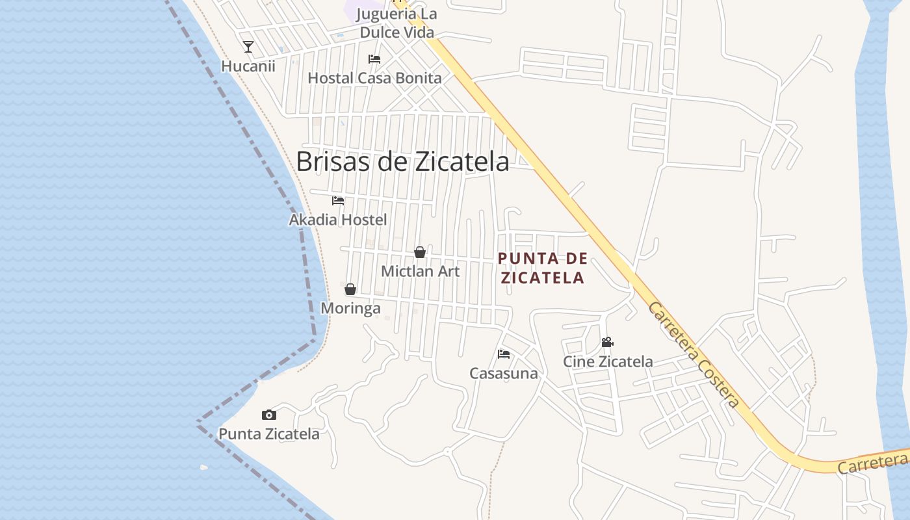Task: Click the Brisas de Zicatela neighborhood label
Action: [x=402, y=162]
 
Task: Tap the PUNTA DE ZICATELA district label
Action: [x=542, y=268]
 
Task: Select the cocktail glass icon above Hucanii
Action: [x=248, y=47]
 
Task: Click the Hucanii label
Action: [x=248, y=66]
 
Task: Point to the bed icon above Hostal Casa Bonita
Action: [x=374, y=58]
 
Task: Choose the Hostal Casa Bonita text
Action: [x=374, y=78]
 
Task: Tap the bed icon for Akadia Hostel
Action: [x=338, y=200]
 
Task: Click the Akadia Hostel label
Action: [x=338, y=220]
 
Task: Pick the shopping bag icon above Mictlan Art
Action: [x=420, y=252]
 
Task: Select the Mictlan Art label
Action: [x=420, y=271]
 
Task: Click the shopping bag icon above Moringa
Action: [x=350, y=289]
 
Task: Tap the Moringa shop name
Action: [x=350, y=308]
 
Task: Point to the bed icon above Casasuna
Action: [x=504, y=354]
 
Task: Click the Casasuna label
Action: [x=504, y=373]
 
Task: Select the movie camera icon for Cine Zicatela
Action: [x=607, y=342]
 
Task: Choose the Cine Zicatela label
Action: [x=608, y=361]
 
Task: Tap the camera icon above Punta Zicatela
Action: [x=269, y=415]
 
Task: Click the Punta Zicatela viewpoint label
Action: [x=269, y=434]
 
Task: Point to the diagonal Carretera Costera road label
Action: [x=694, y=355]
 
